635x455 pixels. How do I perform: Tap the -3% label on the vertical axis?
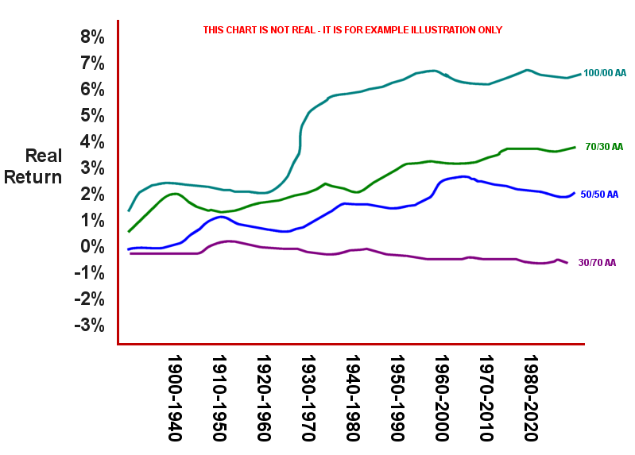(89, 326)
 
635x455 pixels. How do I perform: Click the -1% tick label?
(89, 273)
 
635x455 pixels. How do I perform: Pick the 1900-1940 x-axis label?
(176, 397)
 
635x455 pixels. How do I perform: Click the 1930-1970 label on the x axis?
(308, 397)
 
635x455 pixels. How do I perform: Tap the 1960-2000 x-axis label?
(441, 397)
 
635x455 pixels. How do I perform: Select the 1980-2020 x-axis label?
(531, 397)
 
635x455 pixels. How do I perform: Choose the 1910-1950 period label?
(220, 397)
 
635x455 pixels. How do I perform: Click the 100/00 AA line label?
(604, 73)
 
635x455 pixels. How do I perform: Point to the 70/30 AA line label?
(604, 147)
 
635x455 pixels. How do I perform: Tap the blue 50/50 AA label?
(599, 194)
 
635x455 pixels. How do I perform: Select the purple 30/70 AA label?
(597, 263)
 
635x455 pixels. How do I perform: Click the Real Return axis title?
(33, 167)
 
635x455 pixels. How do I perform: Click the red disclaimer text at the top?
(352, 30)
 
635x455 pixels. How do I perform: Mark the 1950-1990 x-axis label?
(397, 397)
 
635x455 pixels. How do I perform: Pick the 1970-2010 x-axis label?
(486, 397)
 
